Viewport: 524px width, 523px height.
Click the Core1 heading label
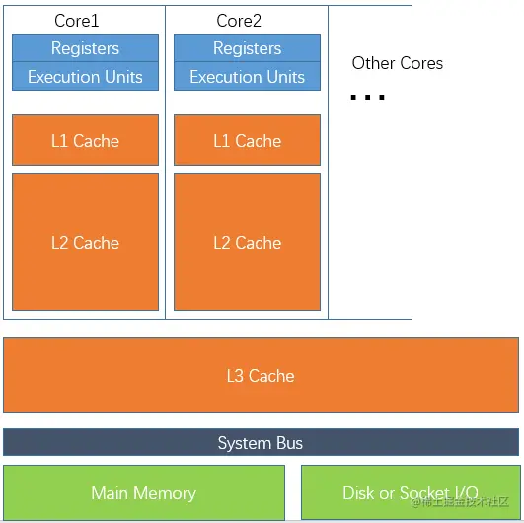[x=77, y=21]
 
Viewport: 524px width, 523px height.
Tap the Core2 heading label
[x=239, y=21]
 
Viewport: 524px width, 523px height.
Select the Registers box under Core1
[x=85, y=47]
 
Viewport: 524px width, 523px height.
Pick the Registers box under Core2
[x=247, y=47]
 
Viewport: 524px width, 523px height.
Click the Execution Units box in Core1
[x=85, y=76]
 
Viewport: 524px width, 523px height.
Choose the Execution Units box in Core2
[x=247, y=76]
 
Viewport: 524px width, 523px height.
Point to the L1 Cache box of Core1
[x=85, y=140]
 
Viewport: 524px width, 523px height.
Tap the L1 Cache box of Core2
[x=247, y=140]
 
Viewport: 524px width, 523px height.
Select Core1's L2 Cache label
[x=85, y=243]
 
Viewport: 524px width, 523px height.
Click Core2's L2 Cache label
[x=248, y=243]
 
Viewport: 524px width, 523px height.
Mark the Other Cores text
[x=398, y=63]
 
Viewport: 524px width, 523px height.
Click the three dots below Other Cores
[x=368, y=98]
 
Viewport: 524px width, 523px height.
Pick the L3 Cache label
[x=261, y=376]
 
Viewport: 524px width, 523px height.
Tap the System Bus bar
[x=261, y=442]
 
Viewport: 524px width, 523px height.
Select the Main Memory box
[x=144, y=492]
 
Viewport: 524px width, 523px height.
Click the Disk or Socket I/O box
[x=411, y=492]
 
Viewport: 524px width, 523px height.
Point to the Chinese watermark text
[x=460, y=501]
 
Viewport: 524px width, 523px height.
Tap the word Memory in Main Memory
[x=165, y=494]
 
